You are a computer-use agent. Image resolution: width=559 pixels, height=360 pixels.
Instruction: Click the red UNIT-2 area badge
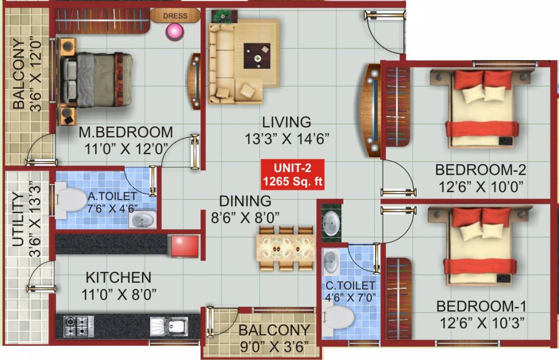click(292, 174)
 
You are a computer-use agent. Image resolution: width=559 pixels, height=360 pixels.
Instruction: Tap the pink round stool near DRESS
click(175, 31)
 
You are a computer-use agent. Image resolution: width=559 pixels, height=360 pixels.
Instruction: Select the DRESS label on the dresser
click(175, 16)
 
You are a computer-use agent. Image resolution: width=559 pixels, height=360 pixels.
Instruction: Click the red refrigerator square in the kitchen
click(185, 247)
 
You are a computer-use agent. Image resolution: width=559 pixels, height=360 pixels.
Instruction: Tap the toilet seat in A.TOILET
click(70, 200)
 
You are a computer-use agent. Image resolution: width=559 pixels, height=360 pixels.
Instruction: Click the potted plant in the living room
click(218, 15)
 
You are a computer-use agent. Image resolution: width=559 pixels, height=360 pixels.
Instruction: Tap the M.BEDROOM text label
click(126, 132)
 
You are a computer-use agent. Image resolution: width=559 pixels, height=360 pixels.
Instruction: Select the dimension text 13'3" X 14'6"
click(287, 139)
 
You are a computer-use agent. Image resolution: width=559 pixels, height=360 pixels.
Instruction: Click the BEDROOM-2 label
click(480, 169)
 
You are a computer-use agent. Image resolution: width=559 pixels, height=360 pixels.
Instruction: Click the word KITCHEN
click(118, 277)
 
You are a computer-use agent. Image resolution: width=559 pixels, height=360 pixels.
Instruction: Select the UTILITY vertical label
click(17, 218)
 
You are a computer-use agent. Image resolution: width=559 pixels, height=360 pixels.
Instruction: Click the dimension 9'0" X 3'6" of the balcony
click(274, 347)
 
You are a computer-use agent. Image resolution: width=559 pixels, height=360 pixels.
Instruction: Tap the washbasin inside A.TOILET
click(142, 219)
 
